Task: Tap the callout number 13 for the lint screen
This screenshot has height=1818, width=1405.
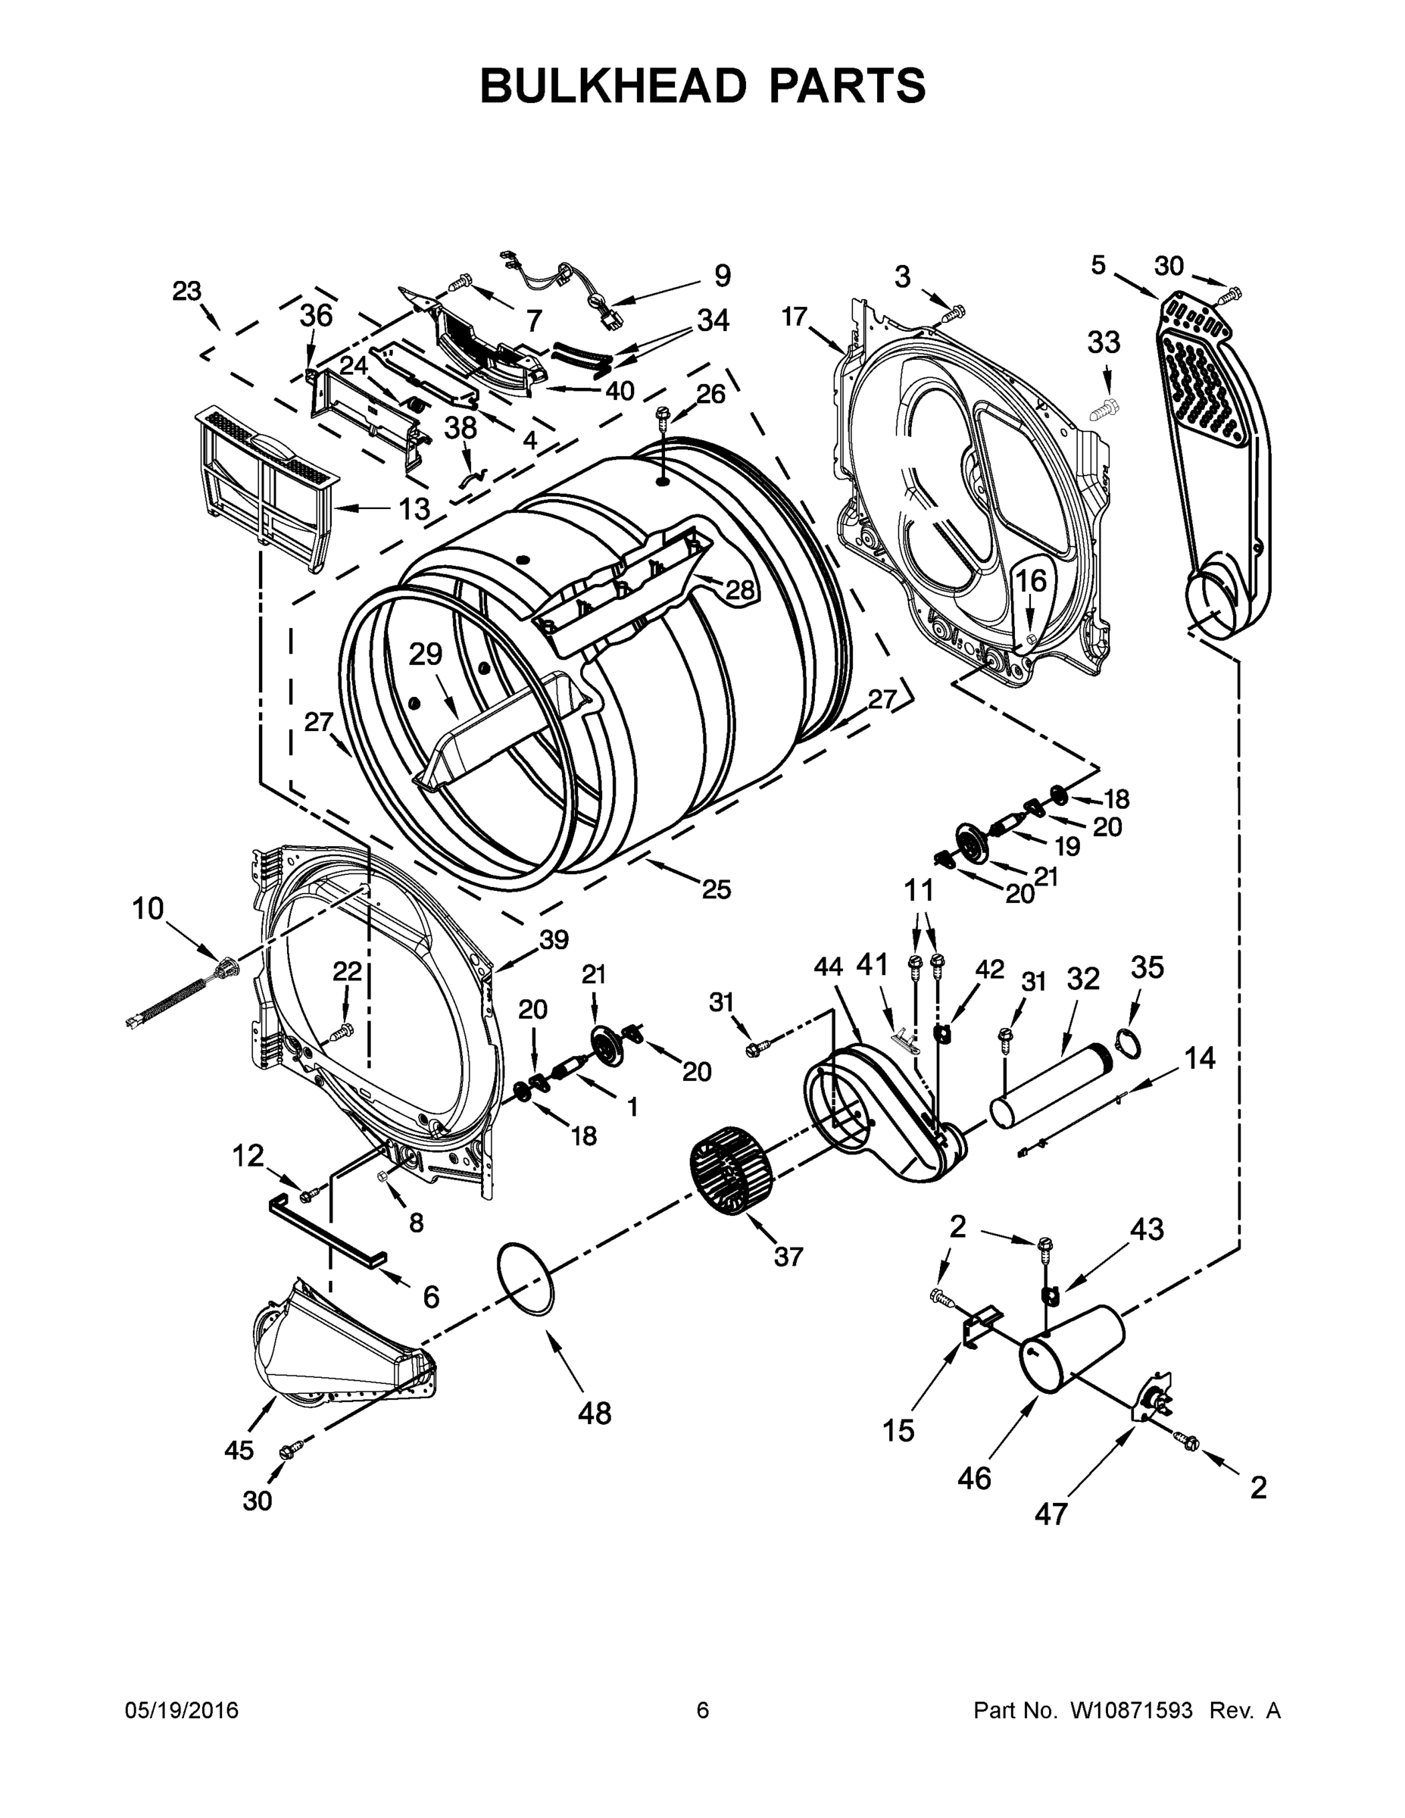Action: (x=414, y=508)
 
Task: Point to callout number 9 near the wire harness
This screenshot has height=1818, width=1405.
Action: (x=722, y=276)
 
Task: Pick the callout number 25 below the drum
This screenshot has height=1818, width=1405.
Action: (x=716, y=890)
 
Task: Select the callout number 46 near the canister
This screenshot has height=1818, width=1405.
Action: (x=974, y=1479)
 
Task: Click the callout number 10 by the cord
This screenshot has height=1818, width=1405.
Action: (x=148, y=909)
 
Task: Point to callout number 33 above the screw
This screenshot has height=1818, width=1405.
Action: (x=1104, y=342)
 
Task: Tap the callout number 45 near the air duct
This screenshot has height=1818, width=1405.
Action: (x=239, y=1449)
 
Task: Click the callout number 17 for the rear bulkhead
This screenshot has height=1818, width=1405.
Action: (x=795, y=317)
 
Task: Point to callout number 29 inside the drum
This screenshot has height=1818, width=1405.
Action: (x=426, y=655)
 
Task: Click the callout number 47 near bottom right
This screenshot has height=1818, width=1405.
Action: (x=1051, y=1513)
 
